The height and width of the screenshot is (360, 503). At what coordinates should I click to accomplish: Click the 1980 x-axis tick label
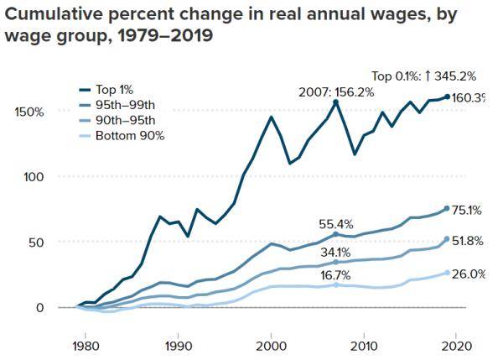click(x=84, y=345)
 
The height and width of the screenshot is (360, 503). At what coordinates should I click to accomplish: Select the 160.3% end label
click(x=469, y=98)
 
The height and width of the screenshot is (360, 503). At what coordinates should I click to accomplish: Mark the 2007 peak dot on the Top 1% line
click(x=336, y=102)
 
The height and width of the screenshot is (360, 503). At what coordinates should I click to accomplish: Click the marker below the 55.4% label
click(x=336, y=235)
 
